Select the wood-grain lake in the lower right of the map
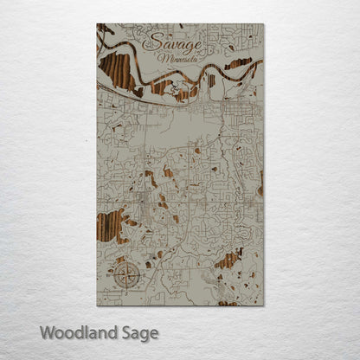[228, 260]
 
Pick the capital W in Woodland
[48, 331]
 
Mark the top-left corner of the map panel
[97, 24]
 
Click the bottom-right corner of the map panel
[263, 305]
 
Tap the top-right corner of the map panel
[263, 24]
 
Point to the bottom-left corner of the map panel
[97, 305]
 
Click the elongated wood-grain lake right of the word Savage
[238, 63]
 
